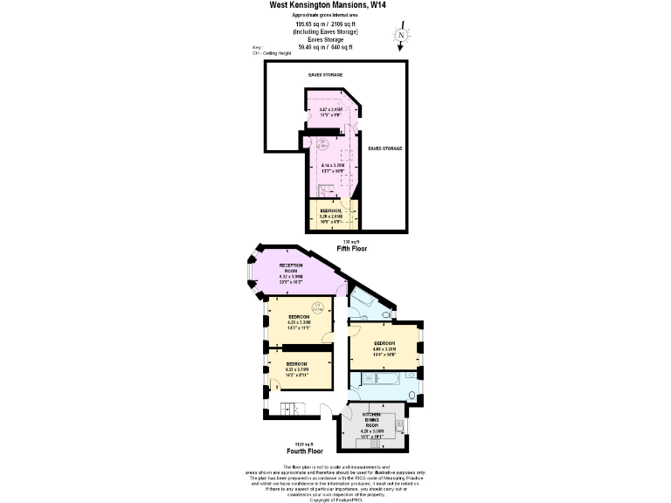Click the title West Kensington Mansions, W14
(x=329, y=5)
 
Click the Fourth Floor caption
(x=305, y=451)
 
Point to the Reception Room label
(x=291, y=271)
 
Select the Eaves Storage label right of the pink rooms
(x=384, y=148)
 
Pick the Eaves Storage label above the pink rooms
(x=325, y=75)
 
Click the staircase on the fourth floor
(x=292, y=409)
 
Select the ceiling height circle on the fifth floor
(x=322, y=143)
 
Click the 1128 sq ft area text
(x=304, y=444)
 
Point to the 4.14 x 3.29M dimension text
(x=333, y=166)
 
